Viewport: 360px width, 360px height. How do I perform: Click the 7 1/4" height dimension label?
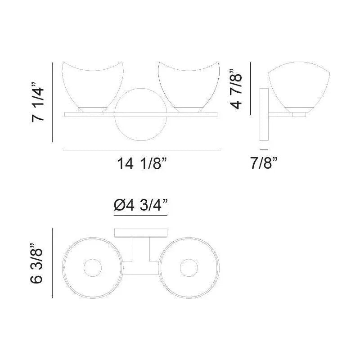(38, 102)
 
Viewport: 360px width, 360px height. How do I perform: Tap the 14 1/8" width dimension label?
(141, 163)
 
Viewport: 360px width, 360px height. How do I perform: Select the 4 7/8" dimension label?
(236, 89)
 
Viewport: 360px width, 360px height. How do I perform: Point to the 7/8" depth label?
(264, 163)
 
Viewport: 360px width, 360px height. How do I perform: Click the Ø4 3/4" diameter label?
(140, 205)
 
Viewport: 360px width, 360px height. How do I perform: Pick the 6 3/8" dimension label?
(36, 263)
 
